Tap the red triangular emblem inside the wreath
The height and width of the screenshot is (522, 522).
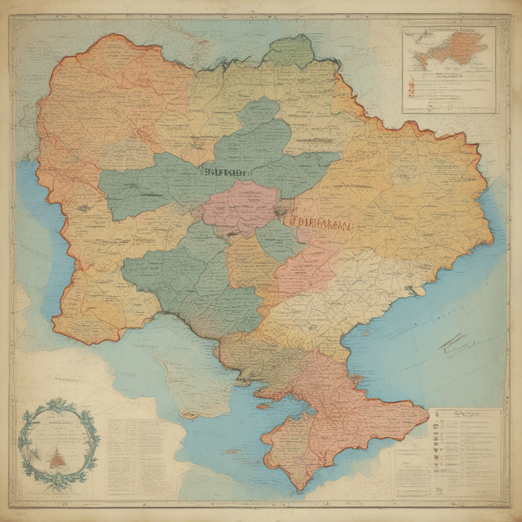tap(56, 458)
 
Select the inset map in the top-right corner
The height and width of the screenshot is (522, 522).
tap(449, 69)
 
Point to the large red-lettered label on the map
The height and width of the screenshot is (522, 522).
tap(318, 221)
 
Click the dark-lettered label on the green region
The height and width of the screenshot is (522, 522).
tap(224, 172)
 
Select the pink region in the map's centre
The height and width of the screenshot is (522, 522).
tap(241, 208)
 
